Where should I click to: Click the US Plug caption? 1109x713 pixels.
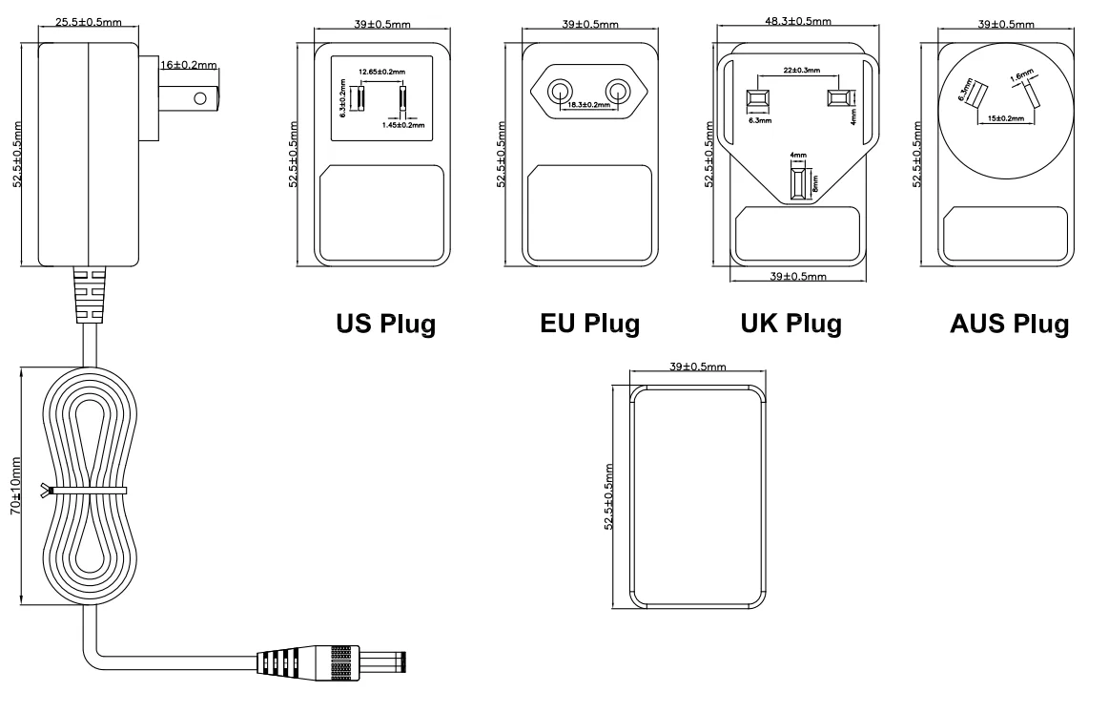coord(385,324)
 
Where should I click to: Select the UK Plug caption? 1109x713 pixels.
coord(791,324)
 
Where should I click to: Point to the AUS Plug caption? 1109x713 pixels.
coord(1009,324)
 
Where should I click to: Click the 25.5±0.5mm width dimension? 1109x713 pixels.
coord(89,21)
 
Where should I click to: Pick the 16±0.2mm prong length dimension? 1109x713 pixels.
coord(189,66)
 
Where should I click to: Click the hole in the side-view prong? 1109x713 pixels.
coord(200,97)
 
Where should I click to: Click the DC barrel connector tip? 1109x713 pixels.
coord(401,661)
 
